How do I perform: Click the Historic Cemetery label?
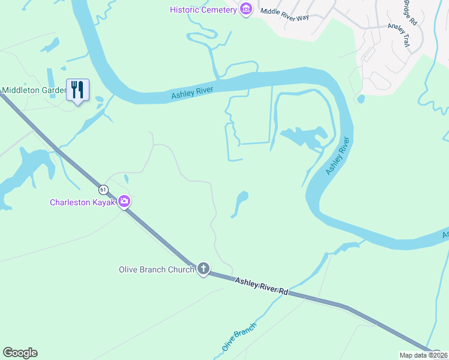click(203, 10)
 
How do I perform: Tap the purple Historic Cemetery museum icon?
click(246, 10)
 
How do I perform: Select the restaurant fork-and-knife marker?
click(77, 90)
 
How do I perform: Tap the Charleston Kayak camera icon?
click(124, 202)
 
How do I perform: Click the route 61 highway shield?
click(104, 190)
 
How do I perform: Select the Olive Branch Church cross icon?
click(203, 269)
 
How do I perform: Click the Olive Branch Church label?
click(156, 269)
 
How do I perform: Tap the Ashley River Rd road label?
click(262, 285)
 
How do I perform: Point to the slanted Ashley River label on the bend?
click(337, 156)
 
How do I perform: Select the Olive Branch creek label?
click(239, 337)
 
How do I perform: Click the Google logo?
click(20, 353)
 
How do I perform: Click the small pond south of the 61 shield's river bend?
click(240, 203)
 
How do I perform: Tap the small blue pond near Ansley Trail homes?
click(360, 98)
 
